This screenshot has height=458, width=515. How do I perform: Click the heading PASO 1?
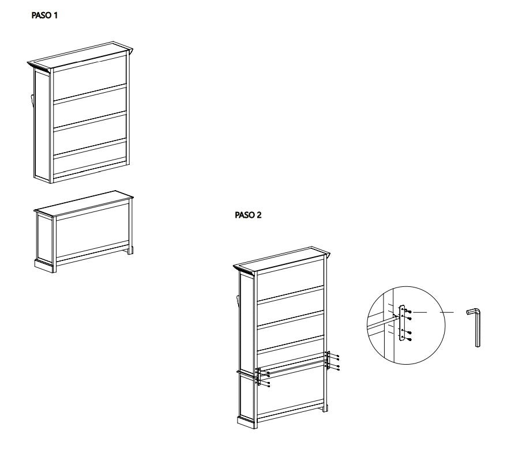[x=44, y=16]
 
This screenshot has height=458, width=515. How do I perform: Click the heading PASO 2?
[x=249, y=215]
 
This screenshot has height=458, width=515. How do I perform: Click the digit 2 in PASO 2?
[x=259, y=215]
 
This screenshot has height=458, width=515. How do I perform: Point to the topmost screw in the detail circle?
[x=408, y=311]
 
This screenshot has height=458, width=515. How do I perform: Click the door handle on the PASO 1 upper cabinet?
[x=32, y=100]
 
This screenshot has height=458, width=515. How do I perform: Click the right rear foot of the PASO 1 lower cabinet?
[x=130, y=250]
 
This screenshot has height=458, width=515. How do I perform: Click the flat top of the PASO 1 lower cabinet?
[x=84, y=203]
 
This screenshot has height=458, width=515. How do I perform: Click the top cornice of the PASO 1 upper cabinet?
[x=81, y=55]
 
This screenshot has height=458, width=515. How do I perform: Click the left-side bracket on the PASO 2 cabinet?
[x=259, y=377]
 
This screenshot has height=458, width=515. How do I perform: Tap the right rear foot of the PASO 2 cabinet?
[x=325, y=409]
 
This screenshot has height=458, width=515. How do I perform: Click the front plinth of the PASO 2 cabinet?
[x=246, y=422]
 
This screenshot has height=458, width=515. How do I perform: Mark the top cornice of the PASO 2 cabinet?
[x=282, y=259]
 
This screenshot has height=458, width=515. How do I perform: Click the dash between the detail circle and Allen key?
[x=447, y=312]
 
